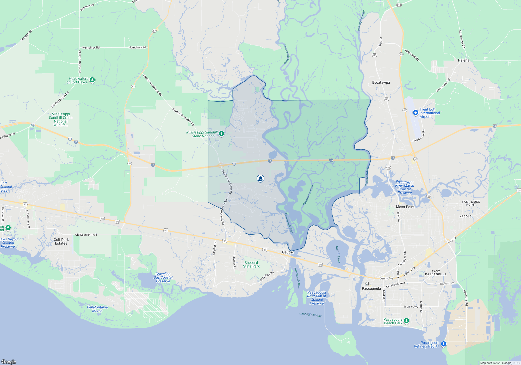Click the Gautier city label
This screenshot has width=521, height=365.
tap(288, 252)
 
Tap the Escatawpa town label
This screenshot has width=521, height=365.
tap(381, 82)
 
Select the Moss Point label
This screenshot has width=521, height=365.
tap(405, 207)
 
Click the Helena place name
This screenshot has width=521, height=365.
tap(463, 60)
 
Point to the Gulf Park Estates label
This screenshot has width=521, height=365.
tap(61, 241)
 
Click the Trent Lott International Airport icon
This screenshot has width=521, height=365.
tap(415, 113)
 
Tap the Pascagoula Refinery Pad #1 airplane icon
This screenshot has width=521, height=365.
tap(443, 344)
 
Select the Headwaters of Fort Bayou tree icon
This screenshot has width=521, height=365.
tap(92, 80)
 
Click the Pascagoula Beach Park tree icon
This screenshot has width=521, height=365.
tap(406, 321)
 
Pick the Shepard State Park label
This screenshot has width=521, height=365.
tap(251, 264)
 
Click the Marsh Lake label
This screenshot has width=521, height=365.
tap(338, 254)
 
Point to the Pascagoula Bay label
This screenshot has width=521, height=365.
tap(310, 315)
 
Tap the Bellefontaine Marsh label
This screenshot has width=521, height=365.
tap(97, 309)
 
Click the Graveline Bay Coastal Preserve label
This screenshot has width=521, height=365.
tap(163, 277)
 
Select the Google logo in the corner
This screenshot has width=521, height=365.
tap(9, 362)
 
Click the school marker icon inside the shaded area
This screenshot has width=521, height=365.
tap(260, 179)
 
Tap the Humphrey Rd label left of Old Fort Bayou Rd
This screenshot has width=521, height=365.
tap(91, 47)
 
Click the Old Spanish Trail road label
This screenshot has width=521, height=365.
tap(86, 235)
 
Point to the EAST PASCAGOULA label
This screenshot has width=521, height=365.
tap(436, 273)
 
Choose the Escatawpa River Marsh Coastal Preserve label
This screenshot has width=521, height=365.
tap(405, 187)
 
